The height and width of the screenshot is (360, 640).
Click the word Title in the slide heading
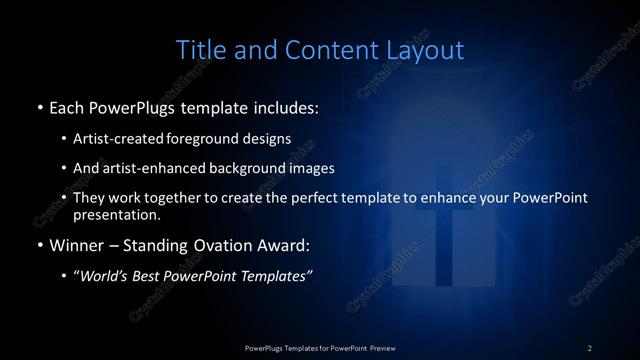pos(200,49)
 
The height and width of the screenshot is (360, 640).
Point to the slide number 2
pos(590,347)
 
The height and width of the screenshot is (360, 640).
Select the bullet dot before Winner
pos(39,245)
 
